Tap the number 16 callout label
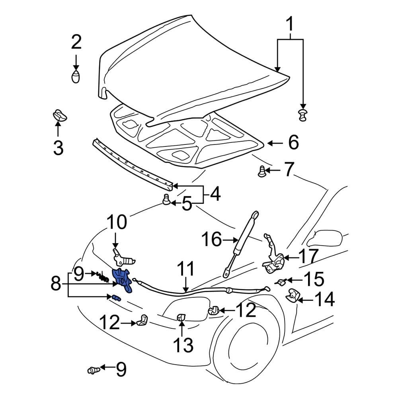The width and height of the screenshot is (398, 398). click(211, 240)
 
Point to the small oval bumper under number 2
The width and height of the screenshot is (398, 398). click(76, 77)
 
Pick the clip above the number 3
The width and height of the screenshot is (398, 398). click(59, 115)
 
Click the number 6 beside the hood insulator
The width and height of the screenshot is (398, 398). click(293, 142)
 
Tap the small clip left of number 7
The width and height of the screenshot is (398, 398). click(261, 172)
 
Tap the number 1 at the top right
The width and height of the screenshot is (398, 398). click(291, 25)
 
